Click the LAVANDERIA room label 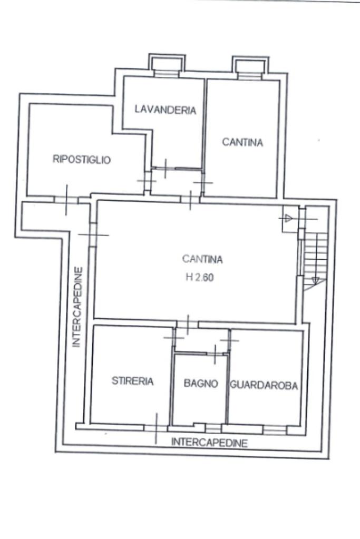(x=165, y=110)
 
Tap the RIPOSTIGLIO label (x=82, y=160)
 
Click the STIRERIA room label (x=133, y=381)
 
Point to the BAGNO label (x=201, y=384)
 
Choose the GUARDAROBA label (x=264, y=386)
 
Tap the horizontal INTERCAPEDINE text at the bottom (x=209, y=443)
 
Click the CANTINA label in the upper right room (x=242, y=142)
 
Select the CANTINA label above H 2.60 (x=202, y=259)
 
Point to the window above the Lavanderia (x=167, y=73)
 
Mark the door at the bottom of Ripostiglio (x=66, y=199)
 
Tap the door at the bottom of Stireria (x=157, y=427)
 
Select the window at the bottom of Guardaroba (x=274, y=429)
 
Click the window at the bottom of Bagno (x=213, y=427)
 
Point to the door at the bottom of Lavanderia (x=165, y=169)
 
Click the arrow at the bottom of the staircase (x=316, y=280)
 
